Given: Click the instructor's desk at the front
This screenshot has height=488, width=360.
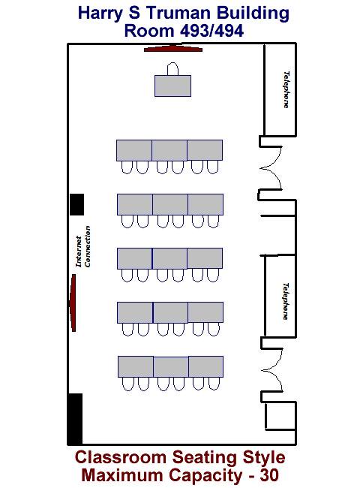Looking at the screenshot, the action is point(172,86).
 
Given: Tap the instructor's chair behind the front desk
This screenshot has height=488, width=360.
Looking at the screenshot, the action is point(172,69).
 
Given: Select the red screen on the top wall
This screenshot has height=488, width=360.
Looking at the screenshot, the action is point(173,49).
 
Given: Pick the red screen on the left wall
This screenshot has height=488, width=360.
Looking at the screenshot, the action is point(73,303).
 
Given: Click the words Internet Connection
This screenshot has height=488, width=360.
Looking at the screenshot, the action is point(83,246).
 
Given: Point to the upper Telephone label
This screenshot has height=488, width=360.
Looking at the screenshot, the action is point(286,90).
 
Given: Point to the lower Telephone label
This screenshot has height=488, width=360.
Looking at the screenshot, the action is point(286,301).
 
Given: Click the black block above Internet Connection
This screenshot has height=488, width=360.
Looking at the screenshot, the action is point(76,204).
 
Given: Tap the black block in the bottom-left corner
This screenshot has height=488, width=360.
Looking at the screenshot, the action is point(75,419).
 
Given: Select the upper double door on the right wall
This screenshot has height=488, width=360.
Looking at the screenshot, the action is point(271,168).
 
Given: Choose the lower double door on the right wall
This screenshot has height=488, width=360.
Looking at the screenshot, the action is point(271,369).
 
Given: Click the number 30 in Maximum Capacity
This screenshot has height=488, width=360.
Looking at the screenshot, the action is point(269,475).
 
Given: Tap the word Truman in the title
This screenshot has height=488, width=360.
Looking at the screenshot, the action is point(179,13).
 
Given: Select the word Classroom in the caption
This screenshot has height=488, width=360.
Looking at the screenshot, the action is point(121,457).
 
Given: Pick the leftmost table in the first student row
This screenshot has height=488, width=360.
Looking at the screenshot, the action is point(134,150).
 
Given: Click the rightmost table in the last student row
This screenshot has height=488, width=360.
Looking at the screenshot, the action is point(205,366).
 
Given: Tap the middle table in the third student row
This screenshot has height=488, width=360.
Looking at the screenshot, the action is point(169,258).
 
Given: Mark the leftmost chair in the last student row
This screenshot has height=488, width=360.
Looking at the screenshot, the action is point(127,384).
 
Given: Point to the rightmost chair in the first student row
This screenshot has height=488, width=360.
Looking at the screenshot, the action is point(213,167).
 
